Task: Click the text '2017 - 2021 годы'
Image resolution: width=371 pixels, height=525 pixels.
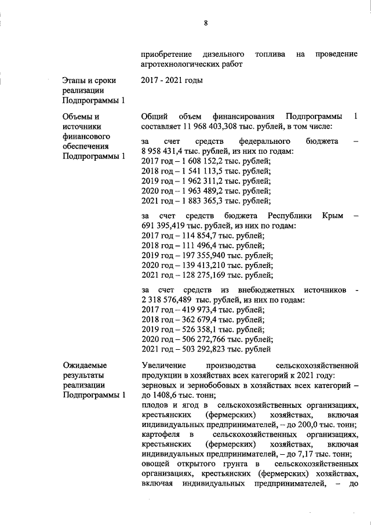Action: (x=172, y=80)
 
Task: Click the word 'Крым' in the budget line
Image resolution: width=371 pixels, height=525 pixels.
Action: (x=333, y=216)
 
